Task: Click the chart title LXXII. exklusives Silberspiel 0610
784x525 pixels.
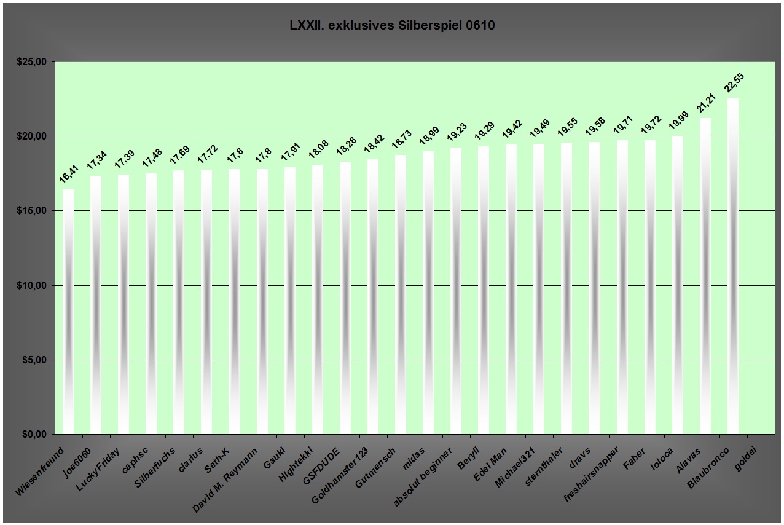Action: pyautogui.click(x=392, y=26)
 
